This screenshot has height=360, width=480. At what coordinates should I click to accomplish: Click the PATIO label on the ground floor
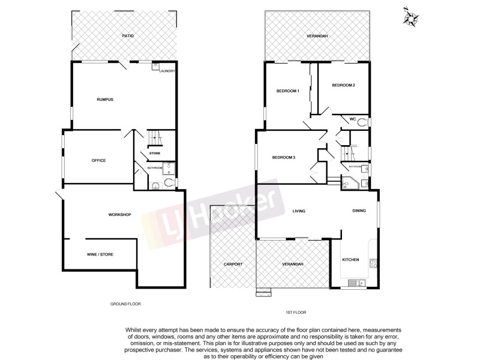click(x=128, y=36)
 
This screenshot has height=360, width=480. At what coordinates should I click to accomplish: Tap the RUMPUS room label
click(x=106, y=99)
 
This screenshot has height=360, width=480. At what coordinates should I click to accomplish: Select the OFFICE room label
click(x=99, y=160)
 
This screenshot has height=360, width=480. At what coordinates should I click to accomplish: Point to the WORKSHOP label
click(x=119, y=214)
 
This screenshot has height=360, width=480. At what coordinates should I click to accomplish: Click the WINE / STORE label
click(x=100, y=254)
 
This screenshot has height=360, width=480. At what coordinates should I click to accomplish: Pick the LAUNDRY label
click(x=167, y=71)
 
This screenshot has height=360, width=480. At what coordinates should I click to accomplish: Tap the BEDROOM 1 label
click(x=287, y=91)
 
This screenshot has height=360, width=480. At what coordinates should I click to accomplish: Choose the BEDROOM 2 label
click(x=344, y=85)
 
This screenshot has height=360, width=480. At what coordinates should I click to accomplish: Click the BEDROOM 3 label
click(x=284, y=158)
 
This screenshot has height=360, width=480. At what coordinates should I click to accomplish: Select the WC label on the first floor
click(x=353, y=119)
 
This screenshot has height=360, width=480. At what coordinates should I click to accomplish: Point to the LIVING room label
click(x=299, y=211)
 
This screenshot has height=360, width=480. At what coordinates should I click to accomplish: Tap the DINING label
click(x=359, y=211)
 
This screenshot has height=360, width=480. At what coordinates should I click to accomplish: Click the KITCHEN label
click(x=350, y=259)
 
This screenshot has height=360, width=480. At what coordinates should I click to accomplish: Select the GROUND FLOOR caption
click(x=125, y=304)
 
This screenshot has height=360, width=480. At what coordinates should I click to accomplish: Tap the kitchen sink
click(x=359, y=282)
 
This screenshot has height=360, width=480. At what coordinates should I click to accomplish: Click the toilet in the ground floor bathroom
click(x=170, y=182)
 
